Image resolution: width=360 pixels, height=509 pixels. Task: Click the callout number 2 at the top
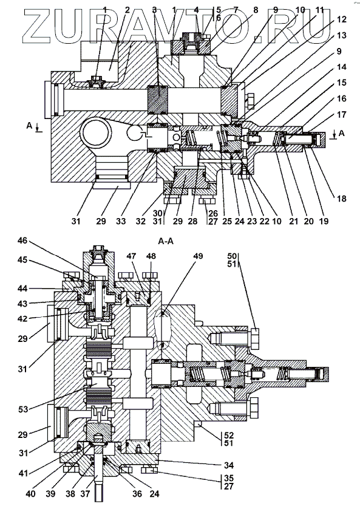click(x=127, y=10)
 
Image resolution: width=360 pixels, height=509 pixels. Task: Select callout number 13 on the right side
click(x=342, y=35)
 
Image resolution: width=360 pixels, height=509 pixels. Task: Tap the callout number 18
click(x=342, y=199)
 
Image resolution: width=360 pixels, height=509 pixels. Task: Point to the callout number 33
click(x=121, y=221)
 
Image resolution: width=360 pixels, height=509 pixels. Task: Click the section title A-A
click(x=166, y=242)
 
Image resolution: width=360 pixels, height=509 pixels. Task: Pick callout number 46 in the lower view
click(x=22, y=241)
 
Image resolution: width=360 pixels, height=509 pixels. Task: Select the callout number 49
click(x=197, y=256)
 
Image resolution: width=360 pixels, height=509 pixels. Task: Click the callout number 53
click(x=22, y=409)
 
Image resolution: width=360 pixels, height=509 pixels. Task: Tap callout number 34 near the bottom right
click(x=229, y=465)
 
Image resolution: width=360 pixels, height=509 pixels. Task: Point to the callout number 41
click(x=22, y=473)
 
